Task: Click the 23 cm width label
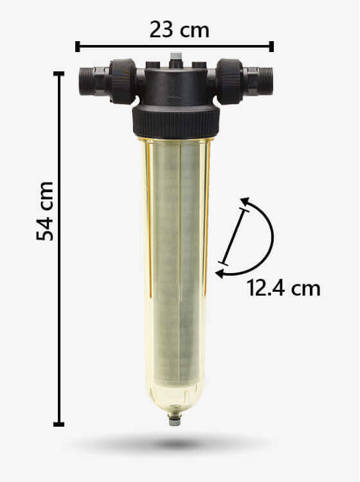[x=179, y=30]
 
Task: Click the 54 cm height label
[x=45, y=211]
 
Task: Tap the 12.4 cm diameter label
[x=283, y=288]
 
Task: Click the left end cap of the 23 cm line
[x=78, y=46]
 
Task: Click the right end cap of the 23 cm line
[x=271, y=46]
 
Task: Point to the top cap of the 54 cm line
[x=59, y=74]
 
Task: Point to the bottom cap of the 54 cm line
[x=59, y=424]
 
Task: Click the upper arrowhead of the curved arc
[x=245, y=202]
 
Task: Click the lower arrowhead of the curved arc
[x=220, y=273]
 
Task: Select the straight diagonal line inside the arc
[x=234, y=237]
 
